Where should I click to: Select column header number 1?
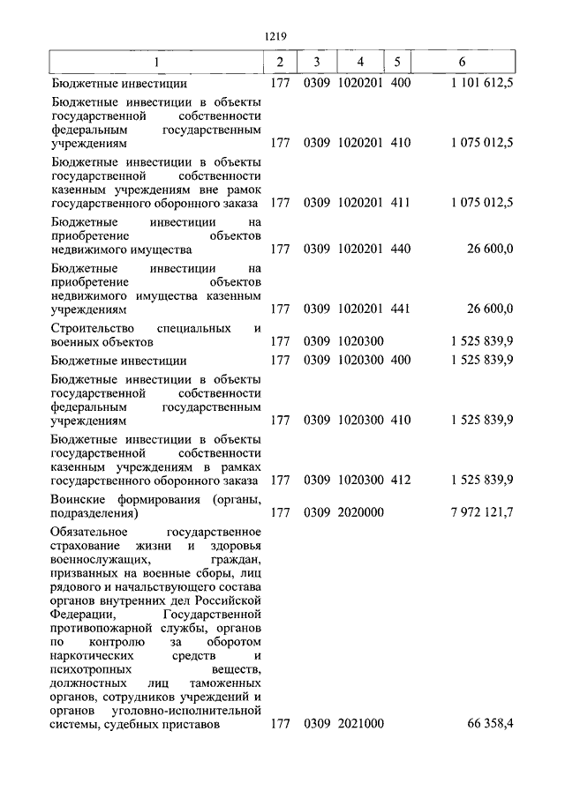(156, 63)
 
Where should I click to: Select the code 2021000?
(360, 724)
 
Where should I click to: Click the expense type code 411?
(400, 202)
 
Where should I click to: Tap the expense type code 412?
(400, 481)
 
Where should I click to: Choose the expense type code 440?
(400, 250)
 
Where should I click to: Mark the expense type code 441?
(400, 310)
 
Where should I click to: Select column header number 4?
(360, 63)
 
